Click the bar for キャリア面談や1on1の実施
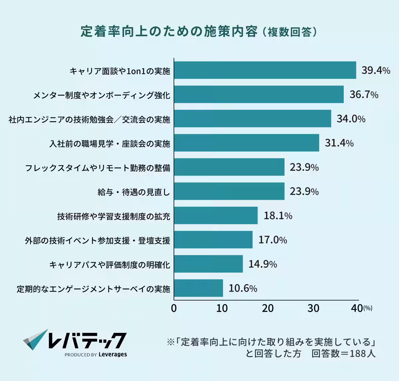[265, 70]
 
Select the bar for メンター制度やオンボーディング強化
[259, 94]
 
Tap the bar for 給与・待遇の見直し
[229, 191]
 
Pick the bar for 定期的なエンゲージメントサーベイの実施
[199, 288]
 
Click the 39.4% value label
[376, 70]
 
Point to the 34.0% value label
[351, 119]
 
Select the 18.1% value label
[278, 216]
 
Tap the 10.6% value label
[243, 288]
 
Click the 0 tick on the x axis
[174, 308]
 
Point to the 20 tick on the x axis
[267, 308]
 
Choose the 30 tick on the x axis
[313, 308]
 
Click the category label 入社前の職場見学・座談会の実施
[110, 144]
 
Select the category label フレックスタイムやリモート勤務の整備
[98, 168]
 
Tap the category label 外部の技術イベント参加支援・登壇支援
[97, 240]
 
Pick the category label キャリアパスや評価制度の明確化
[110, 265]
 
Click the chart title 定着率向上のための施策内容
[169, 32]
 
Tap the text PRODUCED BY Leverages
[96, 354]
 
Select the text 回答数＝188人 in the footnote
[343, 353]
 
